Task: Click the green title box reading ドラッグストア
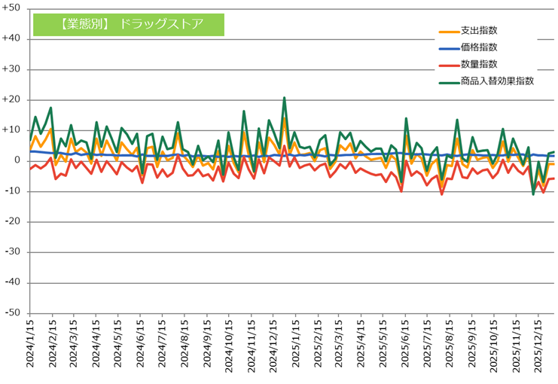[x=129, y=23]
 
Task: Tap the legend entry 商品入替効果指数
[x=496, y=81]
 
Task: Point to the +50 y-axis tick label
[x=12, y=8]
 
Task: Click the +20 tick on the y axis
[x=12, y=99]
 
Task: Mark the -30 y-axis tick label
[x=13, y=252]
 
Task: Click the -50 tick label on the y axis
[x=13, y=313]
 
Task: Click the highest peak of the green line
[x=284, y=98]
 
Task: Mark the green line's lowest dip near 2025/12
[x=533, y=194]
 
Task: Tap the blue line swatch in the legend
[x=448, y=47]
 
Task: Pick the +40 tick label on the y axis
[x=12, y=38]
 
